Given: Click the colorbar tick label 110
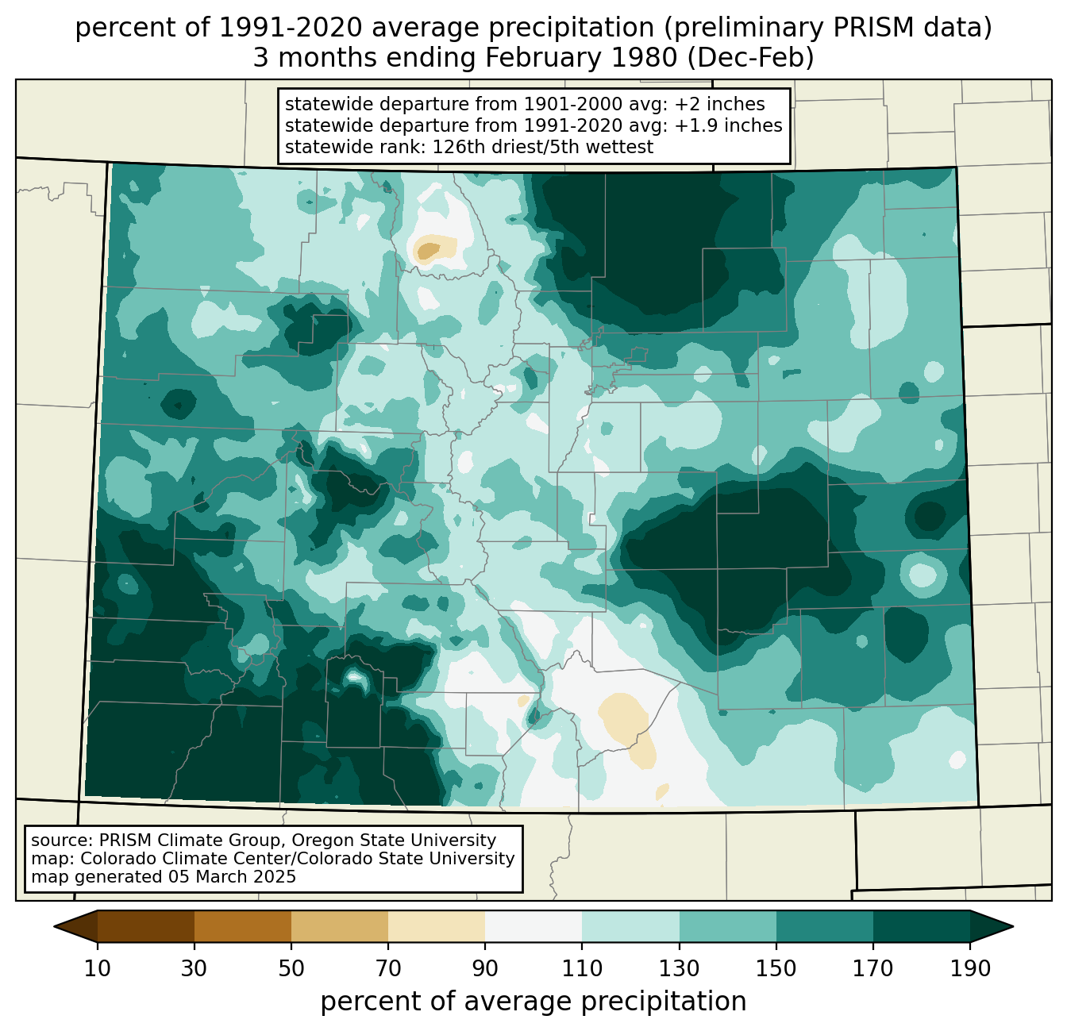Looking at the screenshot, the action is click(582, 968).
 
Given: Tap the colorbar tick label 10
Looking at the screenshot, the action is click(97, 968).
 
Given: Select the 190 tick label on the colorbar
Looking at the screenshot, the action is click(970, 968).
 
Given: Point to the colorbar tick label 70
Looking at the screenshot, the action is click(388, 968).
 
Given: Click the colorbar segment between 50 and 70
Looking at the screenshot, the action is click(340, 926).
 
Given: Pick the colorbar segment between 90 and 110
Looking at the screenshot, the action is click(533, 926).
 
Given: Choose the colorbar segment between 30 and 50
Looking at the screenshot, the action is click(242, 926).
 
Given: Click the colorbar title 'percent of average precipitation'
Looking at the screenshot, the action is click(533, 1002).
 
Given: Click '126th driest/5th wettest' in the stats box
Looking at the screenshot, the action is click(543, 147).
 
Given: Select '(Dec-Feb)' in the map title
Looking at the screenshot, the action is click(750, 58).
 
